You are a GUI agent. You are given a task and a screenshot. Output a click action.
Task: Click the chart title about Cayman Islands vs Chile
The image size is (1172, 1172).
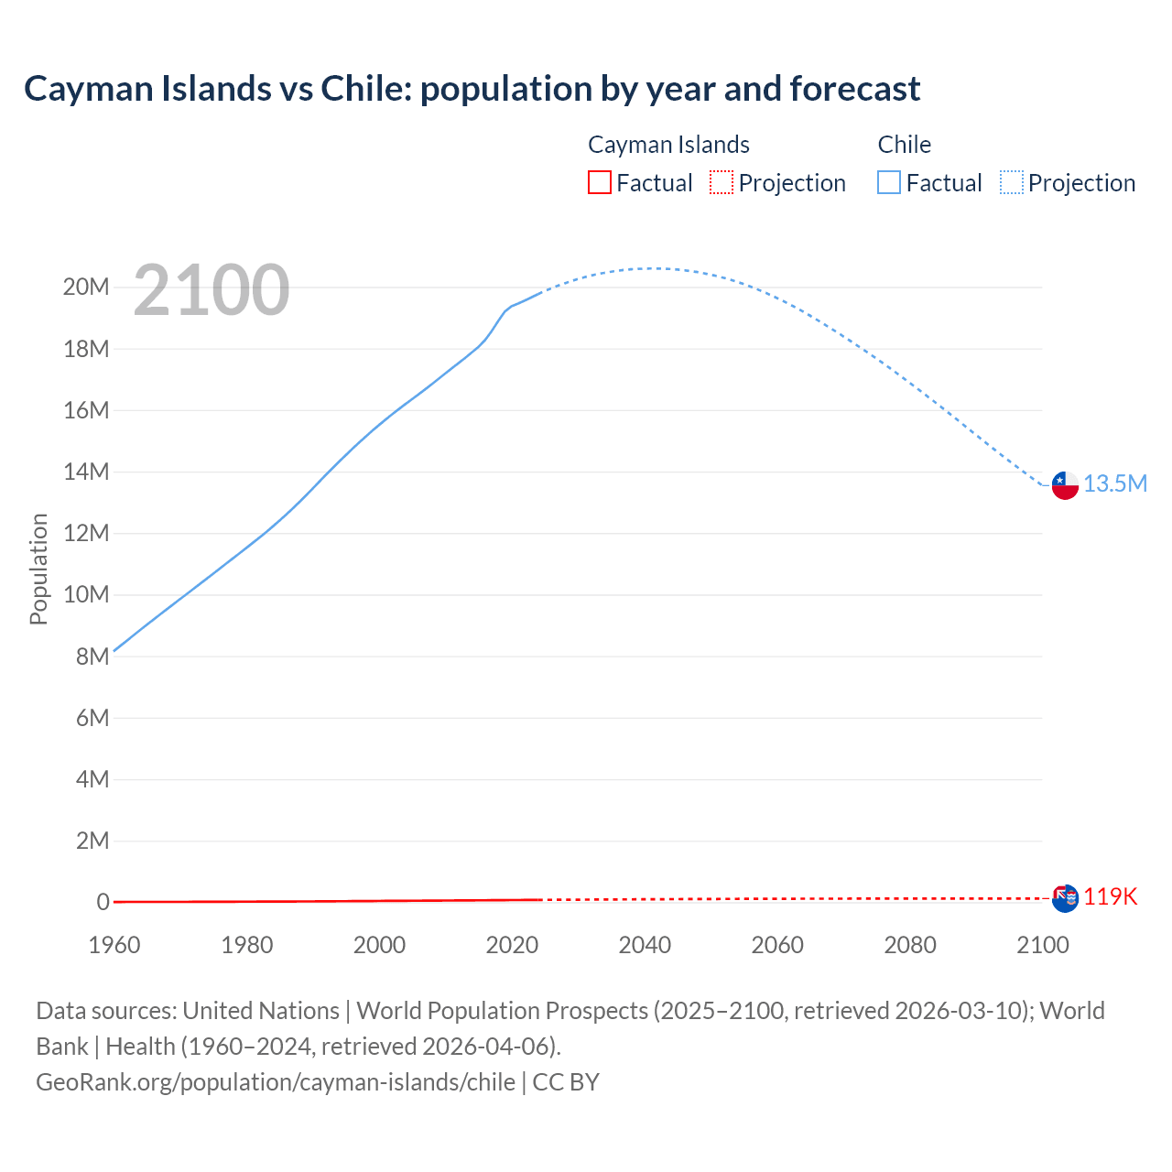pos(472,89)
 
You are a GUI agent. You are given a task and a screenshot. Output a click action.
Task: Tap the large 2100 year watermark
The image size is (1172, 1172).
pos(212,290)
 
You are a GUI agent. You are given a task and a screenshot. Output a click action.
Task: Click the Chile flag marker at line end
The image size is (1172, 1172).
pos(1065,485)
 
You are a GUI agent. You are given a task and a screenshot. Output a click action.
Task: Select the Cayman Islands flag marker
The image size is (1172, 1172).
pos(1065,898)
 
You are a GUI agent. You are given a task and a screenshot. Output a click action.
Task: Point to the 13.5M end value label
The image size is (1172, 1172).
pos(1115,483)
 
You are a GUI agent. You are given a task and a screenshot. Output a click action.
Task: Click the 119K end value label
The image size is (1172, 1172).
pos(1111,896)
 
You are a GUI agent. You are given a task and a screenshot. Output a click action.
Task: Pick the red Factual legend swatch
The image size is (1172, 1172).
pos(600,183)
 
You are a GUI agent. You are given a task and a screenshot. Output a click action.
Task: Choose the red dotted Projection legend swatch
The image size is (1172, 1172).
pos(722,183)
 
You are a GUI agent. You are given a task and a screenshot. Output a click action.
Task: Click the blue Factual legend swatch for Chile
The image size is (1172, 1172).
pos(889,183)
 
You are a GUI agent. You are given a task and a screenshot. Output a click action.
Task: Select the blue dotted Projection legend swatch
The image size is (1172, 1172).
pos(1012,183)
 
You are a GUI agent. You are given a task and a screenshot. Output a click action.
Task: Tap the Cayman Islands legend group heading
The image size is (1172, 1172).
pos(668,145)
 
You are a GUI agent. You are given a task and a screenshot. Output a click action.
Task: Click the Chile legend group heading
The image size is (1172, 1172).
pos(904,145)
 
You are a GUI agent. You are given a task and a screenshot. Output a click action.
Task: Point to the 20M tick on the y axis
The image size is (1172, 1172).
pos(86,288)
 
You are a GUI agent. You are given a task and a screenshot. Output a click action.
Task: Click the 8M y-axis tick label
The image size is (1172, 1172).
pos(92,657)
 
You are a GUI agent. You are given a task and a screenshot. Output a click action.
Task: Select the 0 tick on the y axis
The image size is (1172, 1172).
pos(103,902)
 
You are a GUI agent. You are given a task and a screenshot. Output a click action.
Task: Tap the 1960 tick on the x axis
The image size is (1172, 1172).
pos(114,945)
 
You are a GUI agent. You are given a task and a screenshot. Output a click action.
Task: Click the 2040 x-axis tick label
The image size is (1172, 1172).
pos(645,945)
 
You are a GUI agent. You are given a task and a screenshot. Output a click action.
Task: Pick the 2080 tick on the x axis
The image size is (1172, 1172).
pos(910,945)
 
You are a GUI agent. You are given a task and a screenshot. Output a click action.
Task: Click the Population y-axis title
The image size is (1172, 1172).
pos(38,569)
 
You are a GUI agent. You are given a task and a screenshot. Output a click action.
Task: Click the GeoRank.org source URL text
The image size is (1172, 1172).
pos(276,1082)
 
